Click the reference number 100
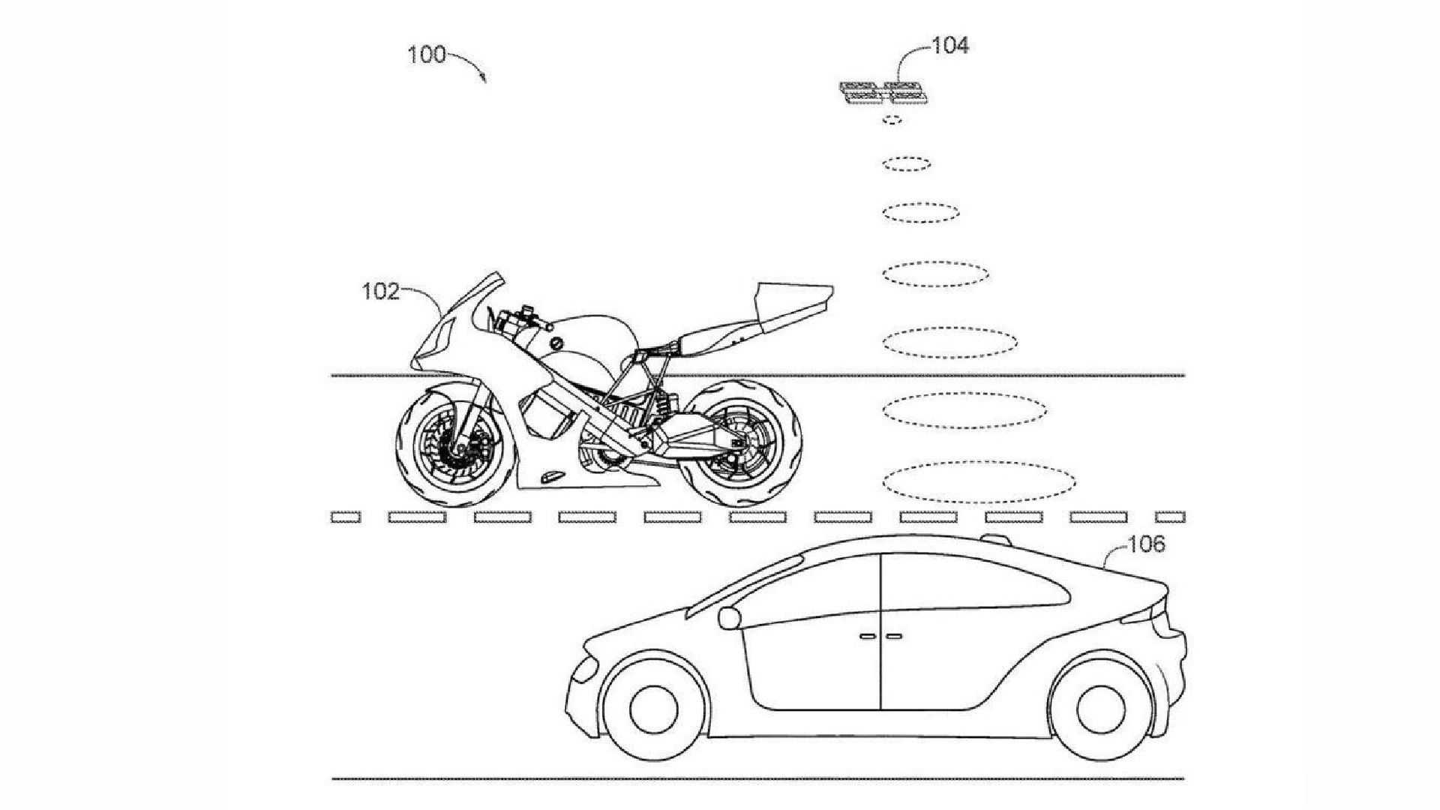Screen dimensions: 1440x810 pyautogui.click(x=426, y=55)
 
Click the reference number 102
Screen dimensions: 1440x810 pyautogui.click(x=381, y=291)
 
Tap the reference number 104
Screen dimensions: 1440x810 pyautogui.click(x=950, y=46)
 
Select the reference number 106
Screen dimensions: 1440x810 pyautogui.click(x=1147, y=544)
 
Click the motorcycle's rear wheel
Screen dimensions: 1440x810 pyautogui.click(x=742, y=443)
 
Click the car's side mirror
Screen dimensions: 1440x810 pyautogui.click(x=728, y=617)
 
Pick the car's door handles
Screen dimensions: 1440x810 pyautogui.click(x=880, y=636)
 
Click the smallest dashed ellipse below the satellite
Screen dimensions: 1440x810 pyautogui.click(x=892, y=119)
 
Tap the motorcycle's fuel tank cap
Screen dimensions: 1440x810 pyautogui.click(x=556, y=343)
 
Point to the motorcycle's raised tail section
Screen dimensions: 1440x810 pyautogui.click(x=793, y=304)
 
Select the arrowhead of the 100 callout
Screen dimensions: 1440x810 pyautogui.click(x=484, y=77)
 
